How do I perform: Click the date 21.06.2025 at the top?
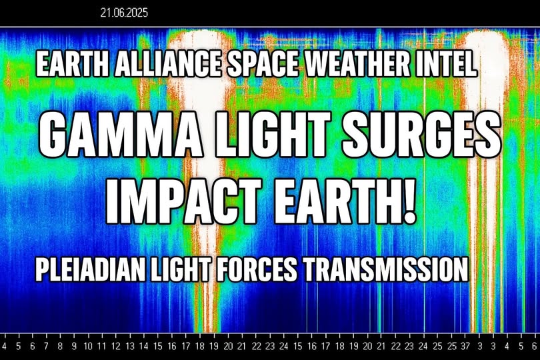124,13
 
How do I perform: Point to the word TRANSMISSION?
385,269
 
